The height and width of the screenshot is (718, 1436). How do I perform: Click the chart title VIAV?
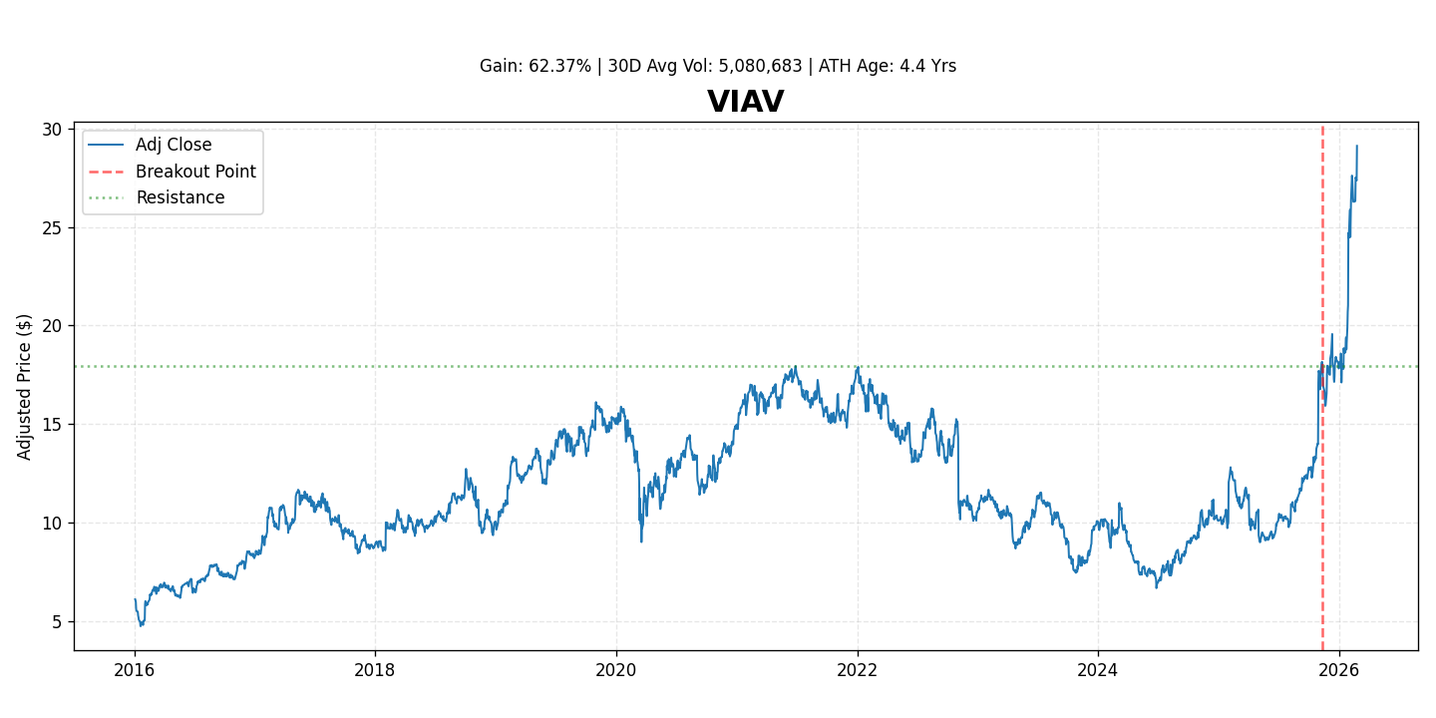tap(745, 103)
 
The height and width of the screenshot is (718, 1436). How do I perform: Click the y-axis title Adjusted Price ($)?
tap(25, 387)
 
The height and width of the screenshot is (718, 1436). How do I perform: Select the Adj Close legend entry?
tap(174, 146)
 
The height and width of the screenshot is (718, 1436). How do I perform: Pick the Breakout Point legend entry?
tap(195, 172)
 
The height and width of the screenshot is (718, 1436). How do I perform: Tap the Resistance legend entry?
tap(179, 197)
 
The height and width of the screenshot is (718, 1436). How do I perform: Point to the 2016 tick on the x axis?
tap(135, 670)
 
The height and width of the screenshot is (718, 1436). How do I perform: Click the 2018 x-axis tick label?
tap(375, 670)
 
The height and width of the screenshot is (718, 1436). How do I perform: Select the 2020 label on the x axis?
tap(616, 670)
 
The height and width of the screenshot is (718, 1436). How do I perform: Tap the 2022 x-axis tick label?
tap(858, 670)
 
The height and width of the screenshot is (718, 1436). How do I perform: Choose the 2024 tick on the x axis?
tap(1098, 670)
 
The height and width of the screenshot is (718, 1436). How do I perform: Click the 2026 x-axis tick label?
tap(1339, 670)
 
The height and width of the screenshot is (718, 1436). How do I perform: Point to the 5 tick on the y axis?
tap(56, 622)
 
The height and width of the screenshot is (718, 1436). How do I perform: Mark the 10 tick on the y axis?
tap(51, 524)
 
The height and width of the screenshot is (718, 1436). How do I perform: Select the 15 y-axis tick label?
tap(51, 425)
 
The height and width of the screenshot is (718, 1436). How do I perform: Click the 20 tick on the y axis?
tap(51, 326)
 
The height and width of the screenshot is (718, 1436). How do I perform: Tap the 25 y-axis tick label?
tap(51, 227)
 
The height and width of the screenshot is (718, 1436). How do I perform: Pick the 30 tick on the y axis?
tap(51, 130)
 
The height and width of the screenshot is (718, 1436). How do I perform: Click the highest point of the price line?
tap(1356, 146)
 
